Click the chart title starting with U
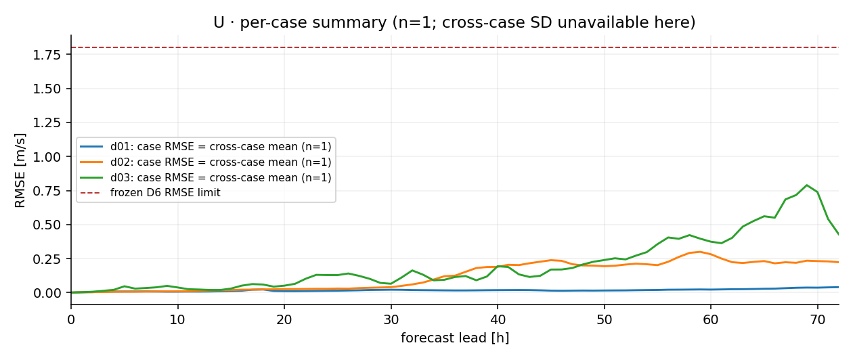[454, 22]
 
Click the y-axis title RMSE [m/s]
[20, 171]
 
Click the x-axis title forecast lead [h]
[455, 338]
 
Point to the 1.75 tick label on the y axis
[47, 55]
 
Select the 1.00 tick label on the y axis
[47, 157]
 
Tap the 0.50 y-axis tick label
[47, 225]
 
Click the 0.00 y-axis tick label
[47, 293]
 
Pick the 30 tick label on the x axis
[391, 319]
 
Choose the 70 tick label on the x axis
[818, 319]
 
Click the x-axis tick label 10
[177, 319]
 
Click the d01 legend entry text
[221, 147]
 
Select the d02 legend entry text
[221, 162]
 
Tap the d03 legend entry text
[221, 178]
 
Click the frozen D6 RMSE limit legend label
[165, 193]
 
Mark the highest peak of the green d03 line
[806, 185]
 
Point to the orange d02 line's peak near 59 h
[700, 252]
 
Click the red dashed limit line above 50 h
[605, 47]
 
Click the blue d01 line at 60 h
[711, 290]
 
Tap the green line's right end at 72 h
[839, 234]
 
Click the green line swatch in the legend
[91, 178]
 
